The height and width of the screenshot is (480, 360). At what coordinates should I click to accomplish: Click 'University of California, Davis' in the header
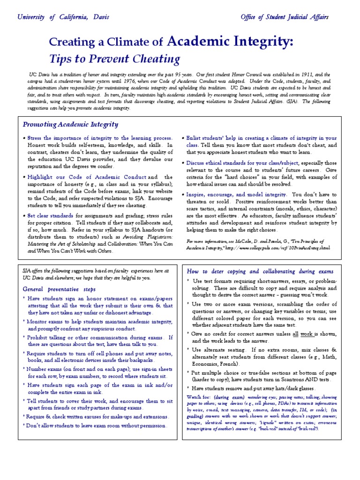(63, 17)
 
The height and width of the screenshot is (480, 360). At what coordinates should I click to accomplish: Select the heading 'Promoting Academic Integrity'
(70, 124)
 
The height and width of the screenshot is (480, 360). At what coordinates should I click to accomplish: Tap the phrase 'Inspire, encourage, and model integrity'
(235, 195)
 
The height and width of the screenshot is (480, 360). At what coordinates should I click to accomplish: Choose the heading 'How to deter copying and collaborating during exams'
(260, 271)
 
